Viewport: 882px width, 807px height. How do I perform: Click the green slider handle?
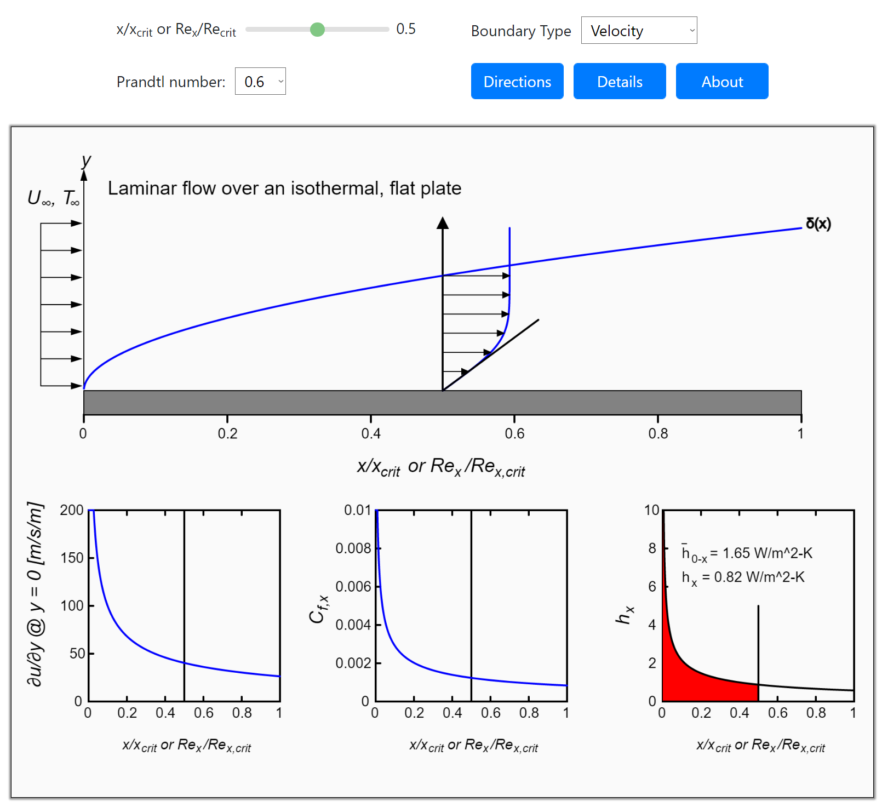(x=317, y=30)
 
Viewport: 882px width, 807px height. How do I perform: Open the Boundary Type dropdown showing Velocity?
(x=639, y=31)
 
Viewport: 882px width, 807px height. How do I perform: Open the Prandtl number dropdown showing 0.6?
(x=260, y=82)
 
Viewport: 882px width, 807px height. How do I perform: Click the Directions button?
(x=517, y=82)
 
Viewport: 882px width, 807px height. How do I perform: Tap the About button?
(x=721, y=82)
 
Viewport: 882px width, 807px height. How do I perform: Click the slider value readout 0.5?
(x=406, y=29)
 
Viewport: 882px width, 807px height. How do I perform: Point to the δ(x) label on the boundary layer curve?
(x=818, y=224)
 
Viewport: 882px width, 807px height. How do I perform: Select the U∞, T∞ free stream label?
(x=54, y=198)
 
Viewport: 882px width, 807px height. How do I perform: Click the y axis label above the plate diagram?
(x=86, y=161)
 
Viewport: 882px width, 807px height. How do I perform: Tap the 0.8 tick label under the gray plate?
(x=658, y=434)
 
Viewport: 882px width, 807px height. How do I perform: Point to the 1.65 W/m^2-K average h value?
(x=767, y=553)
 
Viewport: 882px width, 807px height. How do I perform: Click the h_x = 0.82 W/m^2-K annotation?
(x=743, y=577)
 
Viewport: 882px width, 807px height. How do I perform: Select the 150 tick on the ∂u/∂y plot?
(x=72, y=558)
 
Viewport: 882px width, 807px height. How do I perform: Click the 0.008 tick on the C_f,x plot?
(x=353, y=548)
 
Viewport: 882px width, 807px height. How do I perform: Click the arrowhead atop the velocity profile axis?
(x=443, y=222)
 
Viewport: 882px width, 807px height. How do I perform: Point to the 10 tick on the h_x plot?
(x=651, y=511)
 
